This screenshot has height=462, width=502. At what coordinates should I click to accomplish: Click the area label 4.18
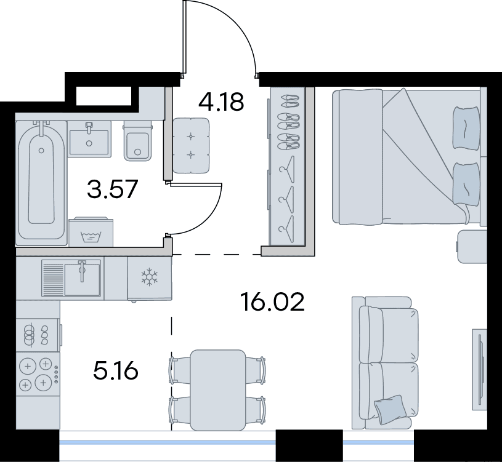[221, 102]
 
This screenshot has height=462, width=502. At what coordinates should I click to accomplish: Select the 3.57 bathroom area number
[112, 189]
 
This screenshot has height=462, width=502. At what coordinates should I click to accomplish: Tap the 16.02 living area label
[273, 302]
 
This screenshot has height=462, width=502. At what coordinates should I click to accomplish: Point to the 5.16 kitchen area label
[116, 370]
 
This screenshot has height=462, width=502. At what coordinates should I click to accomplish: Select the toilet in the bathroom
[138, 141]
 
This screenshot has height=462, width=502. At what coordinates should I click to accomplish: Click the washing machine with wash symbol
[91, 232]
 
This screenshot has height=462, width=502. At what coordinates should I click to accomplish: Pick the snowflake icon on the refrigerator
[150, 277]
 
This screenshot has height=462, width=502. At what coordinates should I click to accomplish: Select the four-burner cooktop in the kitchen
[38, 374]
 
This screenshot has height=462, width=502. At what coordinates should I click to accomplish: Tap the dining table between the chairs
[218, 390]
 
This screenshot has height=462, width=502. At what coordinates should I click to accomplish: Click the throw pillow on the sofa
[390, 409]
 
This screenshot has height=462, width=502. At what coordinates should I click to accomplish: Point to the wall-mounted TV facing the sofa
[480, 369]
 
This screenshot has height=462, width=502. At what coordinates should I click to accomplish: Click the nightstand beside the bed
[472, 246]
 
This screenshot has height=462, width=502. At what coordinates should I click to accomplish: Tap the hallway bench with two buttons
[191, 145]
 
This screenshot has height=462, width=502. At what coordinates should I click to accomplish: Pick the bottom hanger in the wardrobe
[286, 228]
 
